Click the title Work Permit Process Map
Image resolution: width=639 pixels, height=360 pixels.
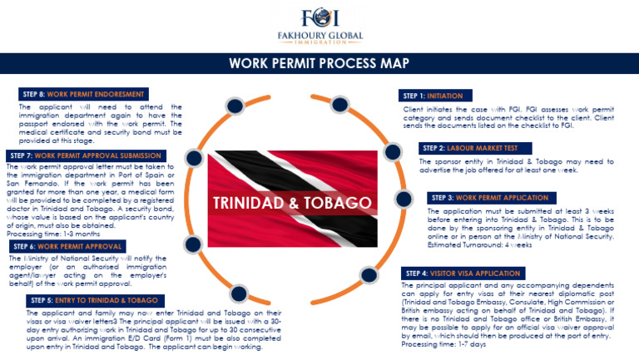pyautogui.click(x=319, y=63)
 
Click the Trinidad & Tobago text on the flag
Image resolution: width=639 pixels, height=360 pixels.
pyautogui.click(x=291, y=204)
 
